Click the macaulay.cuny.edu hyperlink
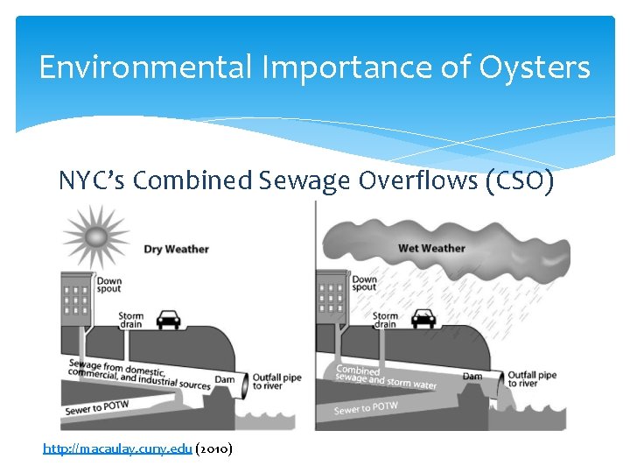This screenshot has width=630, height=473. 117,448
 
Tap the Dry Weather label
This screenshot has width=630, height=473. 176,249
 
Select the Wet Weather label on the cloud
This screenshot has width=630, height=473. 432,248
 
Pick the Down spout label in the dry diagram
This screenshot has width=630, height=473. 109,286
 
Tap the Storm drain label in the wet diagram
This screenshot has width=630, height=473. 385,321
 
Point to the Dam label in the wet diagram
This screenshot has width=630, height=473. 472,376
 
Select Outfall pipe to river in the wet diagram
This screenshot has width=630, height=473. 532,379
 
